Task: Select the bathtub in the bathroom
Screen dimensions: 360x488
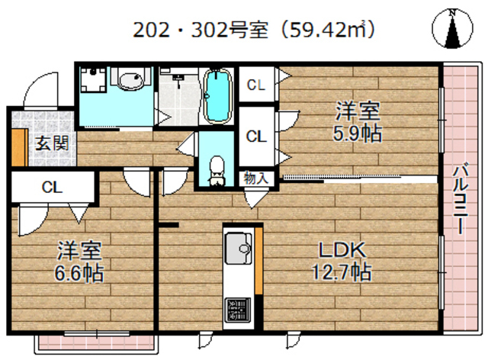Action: click(218, 95)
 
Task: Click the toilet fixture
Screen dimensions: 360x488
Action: click(217, 169)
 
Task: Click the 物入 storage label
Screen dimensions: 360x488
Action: click(255, 178)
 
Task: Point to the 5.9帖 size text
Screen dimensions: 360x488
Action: click(358, 133)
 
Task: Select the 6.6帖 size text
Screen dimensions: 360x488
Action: click(79, 272)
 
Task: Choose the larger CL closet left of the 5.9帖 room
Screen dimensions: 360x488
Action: click(255, 136)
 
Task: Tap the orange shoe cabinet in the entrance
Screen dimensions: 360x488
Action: click(17, 147)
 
